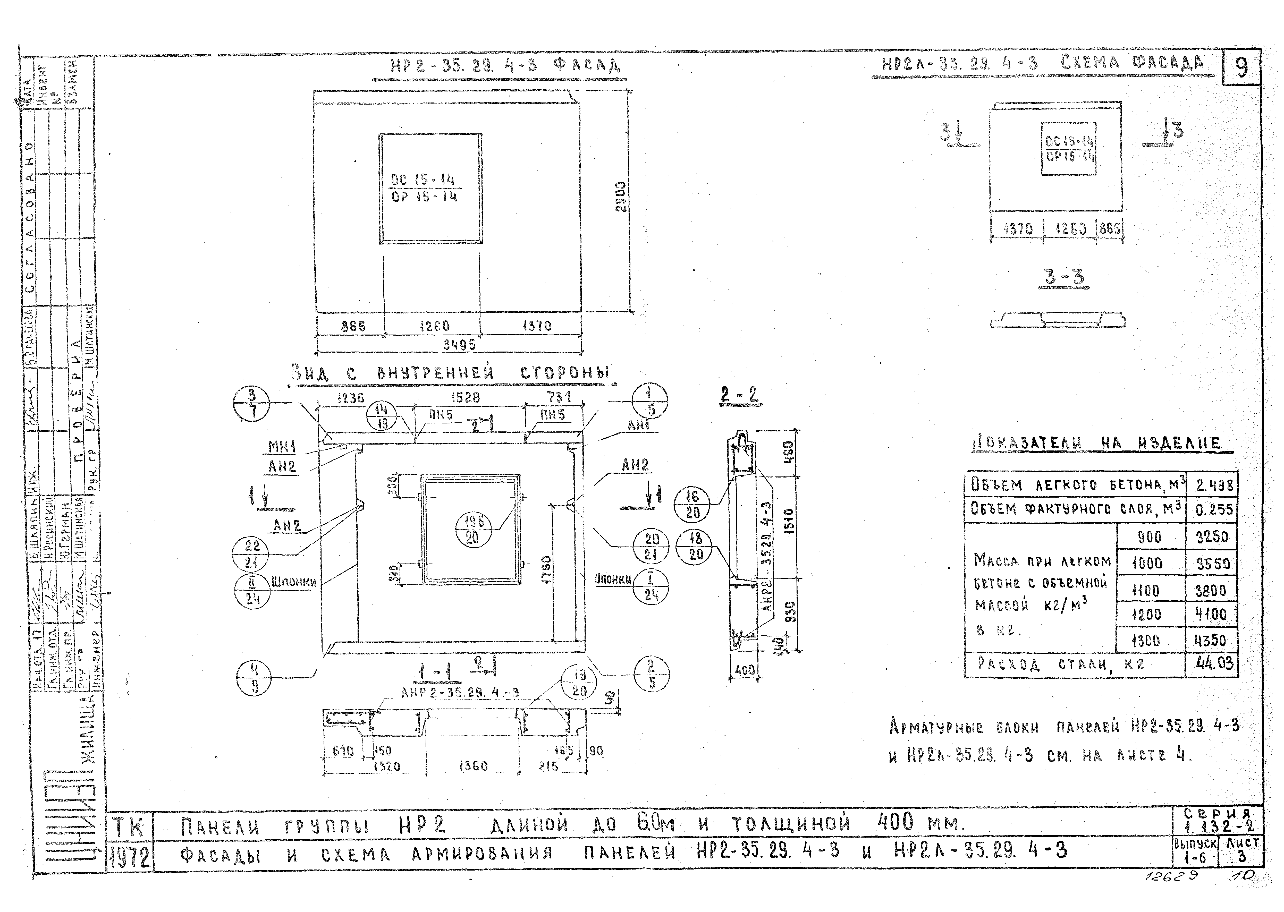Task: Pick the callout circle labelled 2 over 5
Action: click(651, 674)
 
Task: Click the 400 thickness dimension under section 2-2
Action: click(745, 670)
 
